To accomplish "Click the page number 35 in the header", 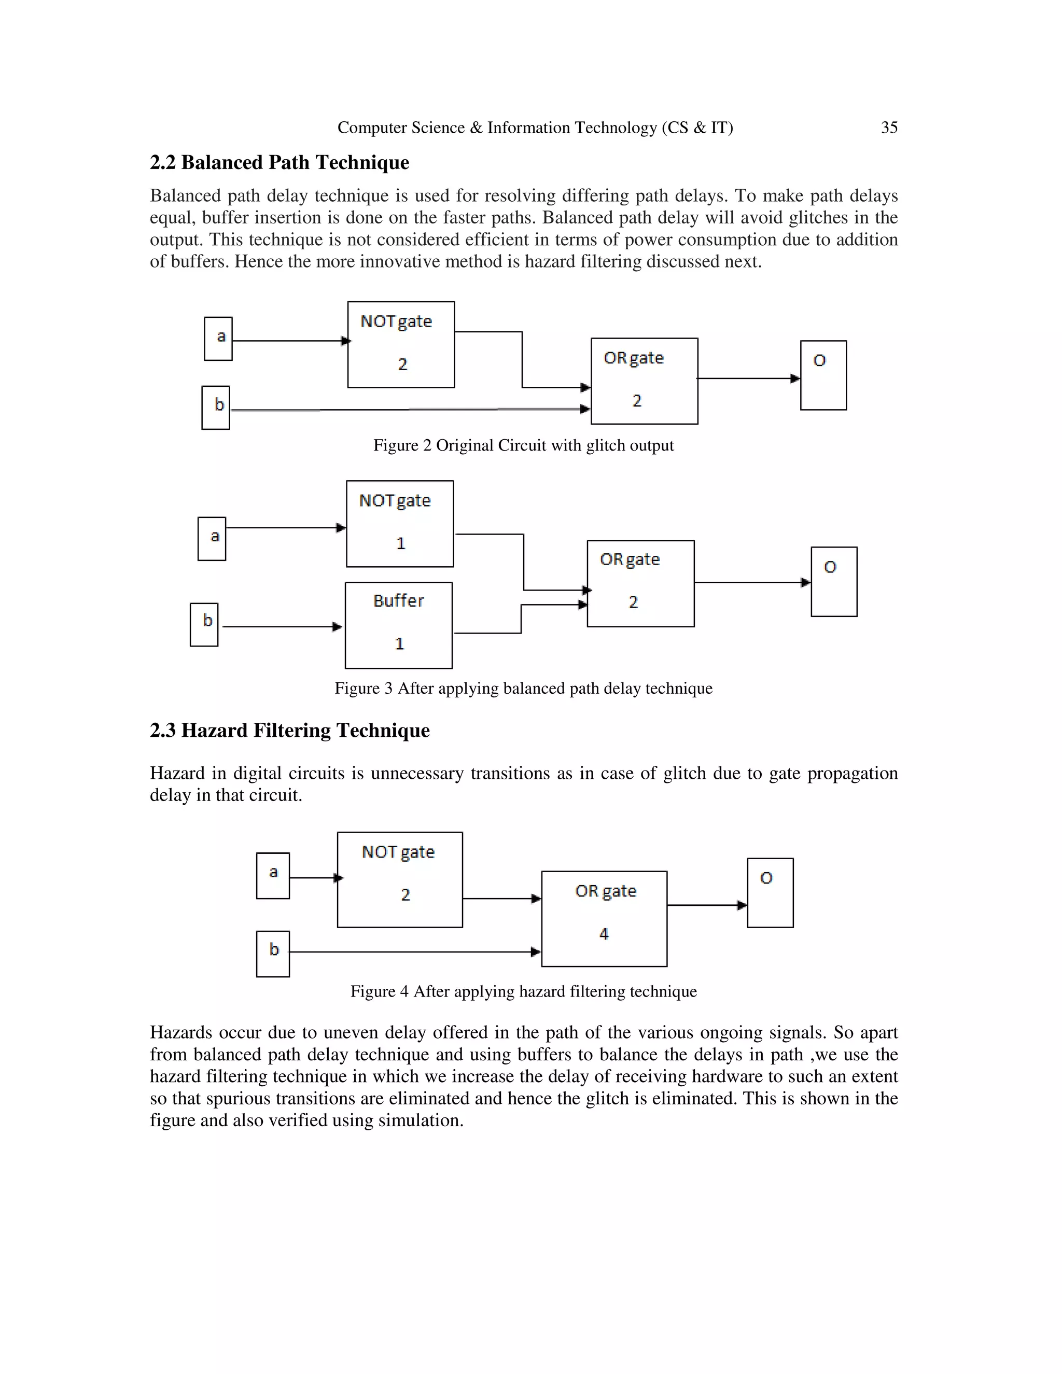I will coord(888,128).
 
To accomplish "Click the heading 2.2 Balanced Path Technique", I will coord(280,162).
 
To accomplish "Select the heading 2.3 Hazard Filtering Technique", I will coord(289,731).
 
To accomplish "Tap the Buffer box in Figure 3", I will coord(398,625).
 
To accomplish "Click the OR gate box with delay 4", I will coord(604,919).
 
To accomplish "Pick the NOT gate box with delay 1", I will coord(399,524).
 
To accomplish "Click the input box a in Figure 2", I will coord(218,339).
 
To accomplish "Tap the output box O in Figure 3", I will coord(834,581).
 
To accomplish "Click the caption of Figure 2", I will coord(523,445).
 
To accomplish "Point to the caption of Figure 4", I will coord(523,991).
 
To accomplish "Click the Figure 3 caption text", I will coord(523,688).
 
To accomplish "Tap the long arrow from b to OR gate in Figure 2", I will coord(409,410).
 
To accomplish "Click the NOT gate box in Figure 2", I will coord(401,344).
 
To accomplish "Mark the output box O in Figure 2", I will coord(823,375).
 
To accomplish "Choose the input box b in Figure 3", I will coord(204,624).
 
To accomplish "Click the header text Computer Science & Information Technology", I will coord(535,128).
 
